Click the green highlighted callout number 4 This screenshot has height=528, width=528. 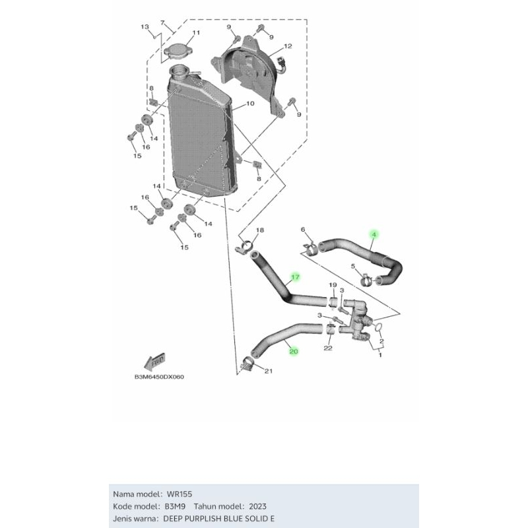pos(374,234)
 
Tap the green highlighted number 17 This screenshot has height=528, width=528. pos(295,277)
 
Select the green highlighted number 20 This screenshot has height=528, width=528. pos(294,351)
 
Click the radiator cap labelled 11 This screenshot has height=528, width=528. pos(178,52)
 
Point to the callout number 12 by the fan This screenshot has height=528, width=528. pos(288,46)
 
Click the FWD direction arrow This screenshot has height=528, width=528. pos(154,361)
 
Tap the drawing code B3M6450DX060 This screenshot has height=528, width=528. pos(159,377)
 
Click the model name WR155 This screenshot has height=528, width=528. pos(180,494)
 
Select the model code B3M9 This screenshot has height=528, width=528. pos(175,506)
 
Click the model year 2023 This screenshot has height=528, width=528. pos(257,506)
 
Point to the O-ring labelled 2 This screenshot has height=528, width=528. pos(378,326)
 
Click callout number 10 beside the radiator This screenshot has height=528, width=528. pos(250,104)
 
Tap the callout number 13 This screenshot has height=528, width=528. pos(145,26)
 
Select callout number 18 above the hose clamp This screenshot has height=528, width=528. pos(260,230)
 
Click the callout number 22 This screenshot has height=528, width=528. pos(328,348)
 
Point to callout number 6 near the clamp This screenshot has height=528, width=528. pos(303,230)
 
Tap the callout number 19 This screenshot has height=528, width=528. pos(333,285)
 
